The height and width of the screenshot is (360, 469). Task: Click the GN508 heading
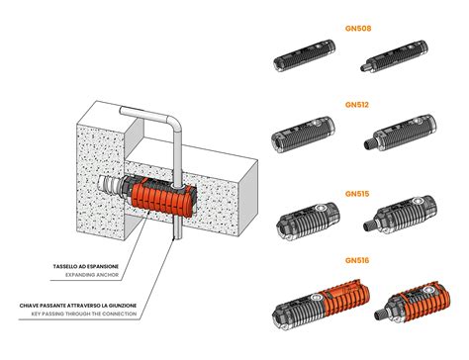(x=358, y=29)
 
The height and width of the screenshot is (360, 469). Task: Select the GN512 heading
(x=357, y=105)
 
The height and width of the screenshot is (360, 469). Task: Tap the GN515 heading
(x=357, y=194)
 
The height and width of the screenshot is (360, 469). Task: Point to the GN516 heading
(x=357, y=260)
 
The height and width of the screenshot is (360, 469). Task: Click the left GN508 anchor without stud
(x=305, y=55)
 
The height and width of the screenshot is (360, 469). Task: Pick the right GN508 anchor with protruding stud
(x=394, y=56)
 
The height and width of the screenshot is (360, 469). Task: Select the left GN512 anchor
(x=303, y=135)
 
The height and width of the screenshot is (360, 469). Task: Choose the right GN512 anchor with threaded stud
(x=400, y=133)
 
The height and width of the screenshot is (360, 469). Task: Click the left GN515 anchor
(x=308, y=221)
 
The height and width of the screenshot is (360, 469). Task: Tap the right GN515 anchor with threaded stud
(x=400, y=215)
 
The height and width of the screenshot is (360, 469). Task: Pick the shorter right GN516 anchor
(x=412, y=303)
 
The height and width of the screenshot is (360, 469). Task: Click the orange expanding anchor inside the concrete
(x=163, y=197)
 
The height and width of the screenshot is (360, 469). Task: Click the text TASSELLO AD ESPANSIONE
(x=86, y=266)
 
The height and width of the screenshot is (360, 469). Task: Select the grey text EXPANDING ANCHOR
(x=92, y=275)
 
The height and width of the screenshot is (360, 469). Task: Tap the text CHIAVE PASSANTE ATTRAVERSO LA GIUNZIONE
(x=78, y=306)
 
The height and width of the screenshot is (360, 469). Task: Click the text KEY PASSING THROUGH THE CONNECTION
(x=84, y=314)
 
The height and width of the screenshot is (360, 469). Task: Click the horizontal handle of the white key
(x=145, y=114)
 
